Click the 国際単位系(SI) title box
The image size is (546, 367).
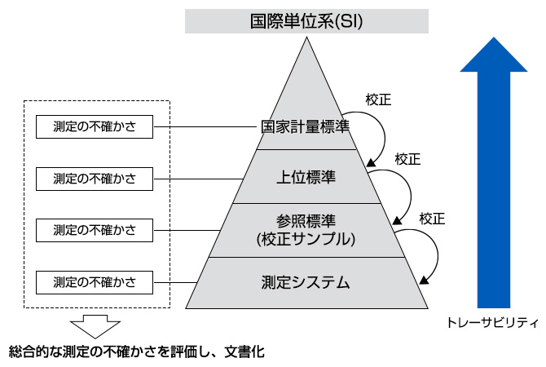pyautogui.click(x=306, y=20)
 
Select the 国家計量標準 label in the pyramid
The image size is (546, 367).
pyautogui.click(x=306, y=127)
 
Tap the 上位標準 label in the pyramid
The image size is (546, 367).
pyautogui.click(x=306, y=176)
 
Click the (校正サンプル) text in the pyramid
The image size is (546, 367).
pyautogui.click(x=306, y=240)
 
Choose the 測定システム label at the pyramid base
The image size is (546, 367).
pyautogui.click(x=306, y=283)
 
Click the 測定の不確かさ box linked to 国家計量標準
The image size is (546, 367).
pyautogui.click(x=95, y=127)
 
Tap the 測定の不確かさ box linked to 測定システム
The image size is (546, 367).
pyautogui.click(x=95, y=283)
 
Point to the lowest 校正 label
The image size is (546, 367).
pyautogui.click(x=432, y=218)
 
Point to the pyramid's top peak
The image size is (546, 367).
pyautogui.click(x=306, y=41)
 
